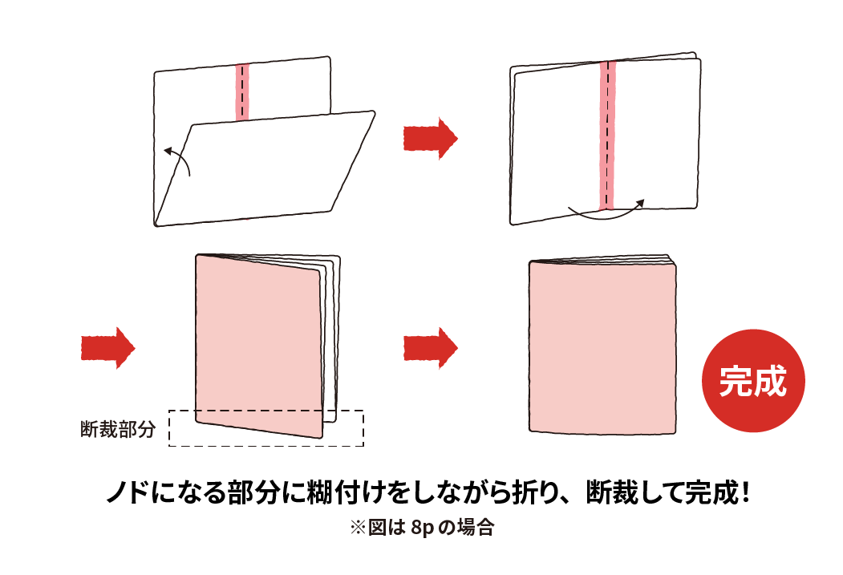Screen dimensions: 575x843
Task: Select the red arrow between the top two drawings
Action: pyautogui.click(x=429, y=138)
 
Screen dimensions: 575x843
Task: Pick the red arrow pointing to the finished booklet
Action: pyautogui.click(x=429, y=347)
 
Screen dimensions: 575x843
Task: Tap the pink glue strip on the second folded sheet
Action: pyautogui.click(x=607, y=136)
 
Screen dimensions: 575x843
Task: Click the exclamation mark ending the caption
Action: pyautogui.click(x=745, y=492)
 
